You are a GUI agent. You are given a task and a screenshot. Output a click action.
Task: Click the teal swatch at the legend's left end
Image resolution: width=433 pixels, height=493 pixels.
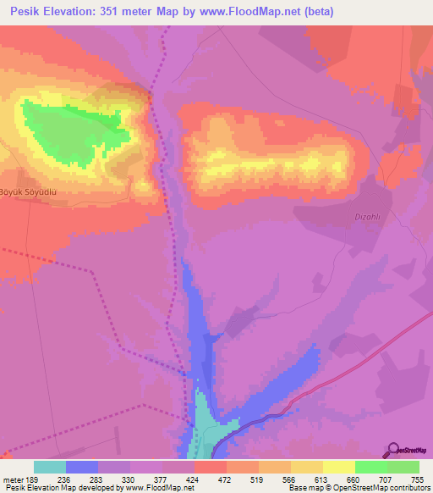click(x=50, y=466)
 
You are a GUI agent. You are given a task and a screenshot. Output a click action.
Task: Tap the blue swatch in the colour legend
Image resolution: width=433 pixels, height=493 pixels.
click(x=82, y=466)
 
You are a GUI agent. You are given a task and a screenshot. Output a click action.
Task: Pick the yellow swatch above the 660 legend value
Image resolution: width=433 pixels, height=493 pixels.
click(x=339, y=466)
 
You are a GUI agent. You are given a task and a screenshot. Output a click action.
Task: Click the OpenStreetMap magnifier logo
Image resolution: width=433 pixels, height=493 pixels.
click(x=394, y=450)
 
